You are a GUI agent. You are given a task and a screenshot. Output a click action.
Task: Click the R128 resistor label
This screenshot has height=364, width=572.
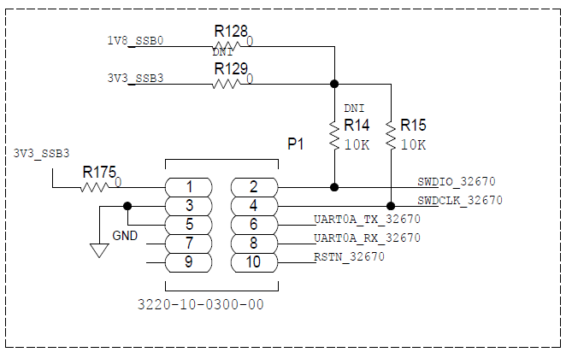[231, 31]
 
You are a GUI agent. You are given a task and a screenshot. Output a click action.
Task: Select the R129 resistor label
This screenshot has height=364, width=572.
[231, 68]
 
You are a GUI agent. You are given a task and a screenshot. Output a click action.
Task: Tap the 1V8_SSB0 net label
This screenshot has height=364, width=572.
[135, 41]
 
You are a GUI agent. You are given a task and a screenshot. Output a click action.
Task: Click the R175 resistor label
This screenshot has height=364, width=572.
[99, 173]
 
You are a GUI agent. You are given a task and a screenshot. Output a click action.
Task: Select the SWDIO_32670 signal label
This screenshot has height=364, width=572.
[456, 181]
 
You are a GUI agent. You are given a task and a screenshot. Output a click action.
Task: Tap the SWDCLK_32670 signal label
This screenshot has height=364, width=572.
[459, 200]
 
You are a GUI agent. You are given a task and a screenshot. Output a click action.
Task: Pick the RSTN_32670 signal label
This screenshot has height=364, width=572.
[349, 255]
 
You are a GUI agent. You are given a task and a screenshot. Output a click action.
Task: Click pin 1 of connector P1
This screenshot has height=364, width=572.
[188, 187]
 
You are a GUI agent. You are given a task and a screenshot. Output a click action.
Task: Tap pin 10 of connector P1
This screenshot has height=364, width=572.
[253, 261]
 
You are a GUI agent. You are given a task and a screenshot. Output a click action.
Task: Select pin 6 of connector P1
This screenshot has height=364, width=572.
[253, 224]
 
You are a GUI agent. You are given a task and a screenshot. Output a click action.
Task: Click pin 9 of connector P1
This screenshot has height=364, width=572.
[188, 261]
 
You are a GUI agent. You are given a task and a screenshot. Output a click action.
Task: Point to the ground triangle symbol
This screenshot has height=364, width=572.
[99, 250]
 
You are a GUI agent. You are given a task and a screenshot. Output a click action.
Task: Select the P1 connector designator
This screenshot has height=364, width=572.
[295, 144]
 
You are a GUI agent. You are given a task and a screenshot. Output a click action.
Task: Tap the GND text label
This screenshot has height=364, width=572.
[124, 236]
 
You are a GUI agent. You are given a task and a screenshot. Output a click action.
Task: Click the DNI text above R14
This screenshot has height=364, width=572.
[354, 109]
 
